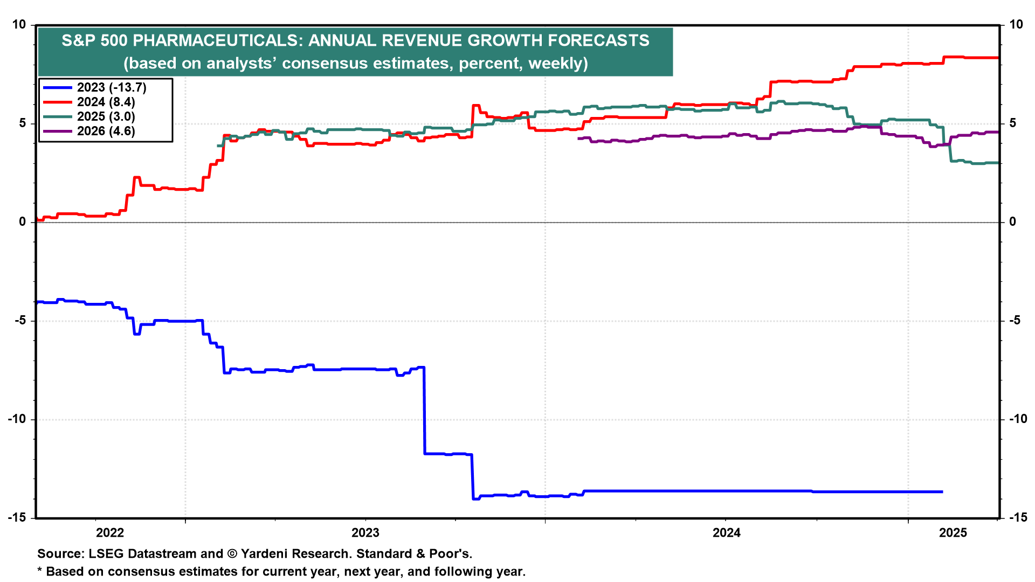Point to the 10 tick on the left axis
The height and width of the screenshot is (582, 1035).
19,25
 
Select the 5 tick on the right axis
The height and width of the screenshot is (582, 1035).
1013,123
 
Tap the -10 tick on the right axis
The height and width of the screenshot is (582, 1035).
1018,419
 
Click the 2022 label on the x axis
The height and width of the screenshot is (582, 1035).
110,533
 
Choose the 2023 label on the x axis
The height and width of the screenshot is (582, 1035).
365,533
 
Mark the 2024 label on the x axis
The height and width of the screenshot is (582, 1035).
727,533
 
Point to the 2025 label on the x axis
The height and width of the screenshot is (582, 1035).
953,533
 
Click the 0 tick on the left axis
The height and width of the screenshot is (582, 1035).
22,222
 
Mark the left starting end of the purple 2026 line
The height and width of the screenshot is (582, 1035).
578,138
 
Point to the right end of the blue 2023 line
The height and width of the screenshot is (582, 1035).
942,491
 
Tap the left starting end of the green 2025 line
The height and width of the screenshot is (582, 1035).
218,145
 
